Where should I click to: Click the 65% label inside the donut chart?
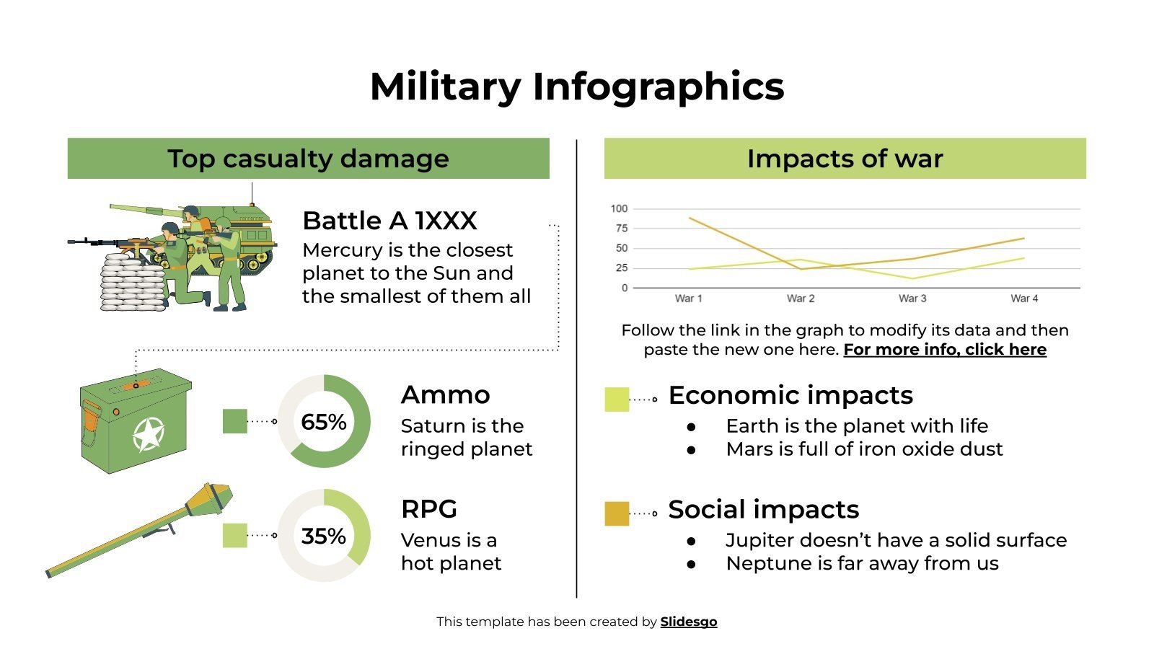tap(323, 422)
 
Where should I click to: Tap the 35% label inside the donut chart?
tap(323, 536)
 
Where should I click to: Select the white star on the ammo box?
tap(149, 434)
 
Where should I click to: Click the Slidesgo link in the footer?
tap(688, 622)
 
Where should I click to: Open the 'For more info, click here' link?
tap(944, 350)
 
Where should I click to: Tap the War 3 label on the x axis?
tap(912, 299)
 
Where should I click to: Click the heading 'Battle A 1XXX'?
tap(389, 221)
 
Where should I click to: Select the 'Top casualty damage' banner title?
tap(308, 159)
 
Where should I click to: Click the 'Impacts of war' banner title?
tap(845, 159)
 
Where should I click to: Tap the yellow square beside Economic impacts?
tap(617, 399)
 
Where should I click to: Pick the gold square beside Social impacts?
tap(617, 513)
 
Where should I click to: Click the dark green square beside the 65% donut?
tap(235, 421)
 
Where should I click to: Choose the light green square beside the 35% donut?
tap(235, 535)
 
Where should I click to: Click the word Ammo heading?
tap(445, 395)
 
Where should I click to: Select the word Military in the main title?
tap(444, 87)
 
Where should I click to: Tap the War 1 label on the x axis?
tap(688, 299)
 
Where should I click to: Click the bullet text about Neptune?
tap(862, 564)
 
